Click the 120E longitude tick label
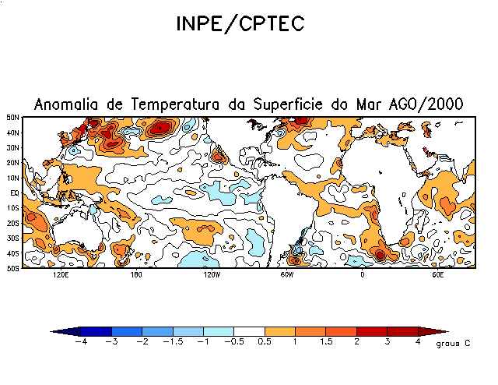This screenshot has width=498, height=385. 60,275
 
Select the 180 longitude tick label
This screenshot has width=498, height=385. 135,275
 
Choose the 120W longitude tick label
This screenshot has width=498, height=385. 211,275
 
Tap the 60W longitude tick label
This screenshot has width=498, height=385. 286,275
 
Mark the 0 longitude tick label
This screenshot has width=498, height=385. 362,275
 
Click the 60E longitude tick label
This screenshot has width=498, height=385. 437,275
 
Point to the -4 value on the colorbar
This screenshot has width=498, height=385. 79,342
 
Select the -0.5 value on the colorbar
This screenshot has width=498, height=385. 233,342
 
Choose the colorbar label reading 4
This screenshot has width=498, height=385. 418,342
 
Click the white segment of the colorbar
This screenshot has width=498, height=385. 249,331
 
